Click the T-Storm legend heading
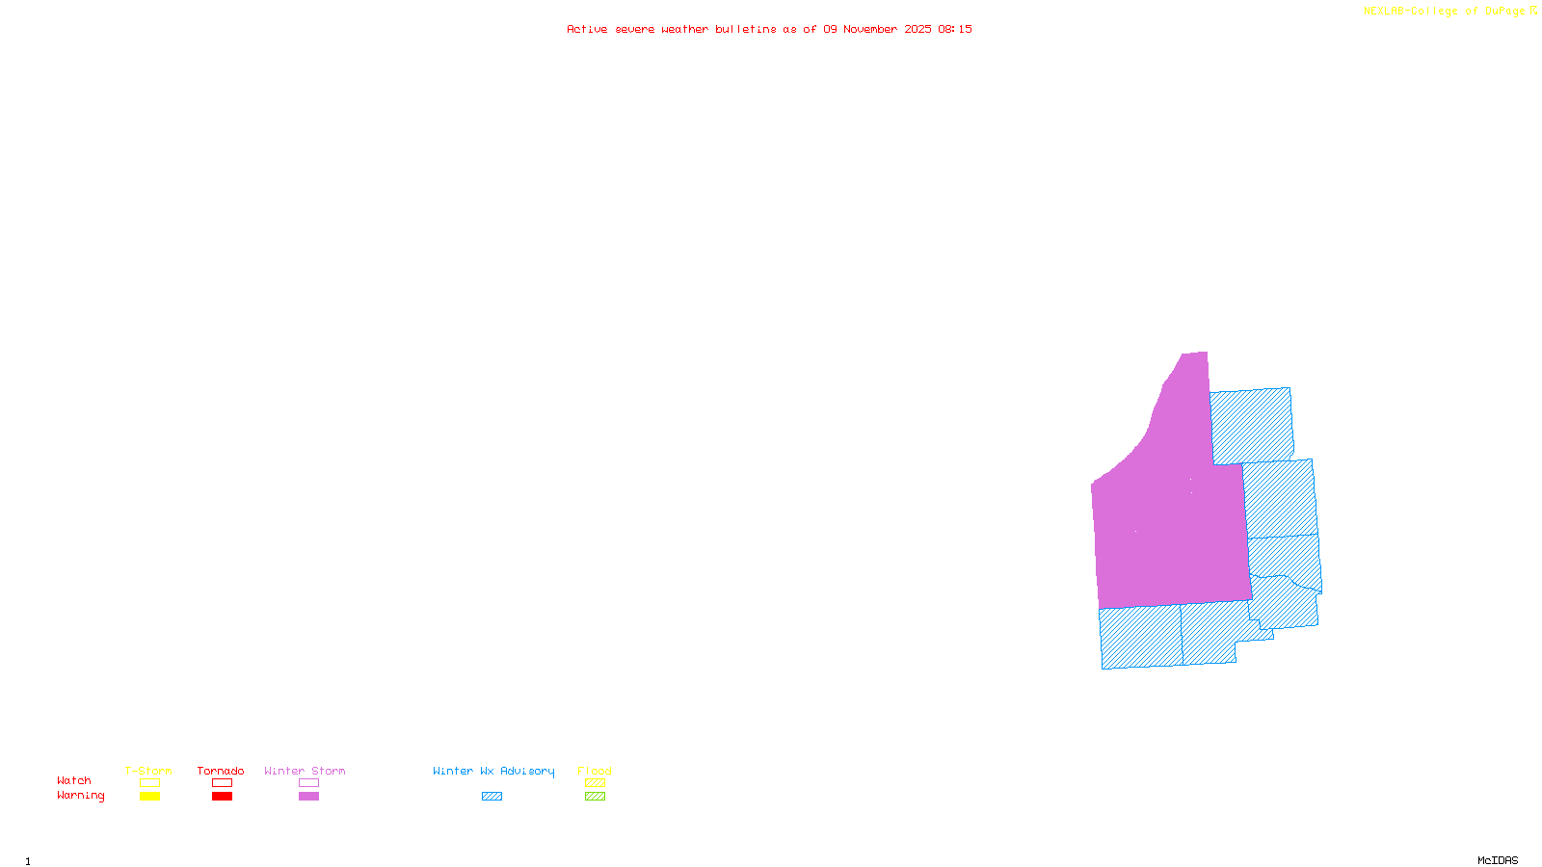pyautogui.click(x=148, y=771)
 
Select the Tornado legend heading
pyautogui.click(x=221, y=771)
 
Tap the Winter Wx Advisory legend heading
pyautogui.click(x=493, y=771)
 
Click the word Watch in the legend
pyautogui.click(x=74, y=780)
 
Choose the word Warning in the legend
pyautogui.click(x=80, y=796)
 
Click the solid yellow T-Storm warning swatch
pyautogui.click(x=149, y=797)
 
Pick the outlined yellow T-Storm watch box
pyautogui.click(x=149, y=783)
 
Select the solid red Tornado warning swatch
pyautogui.click(x=222, y=797)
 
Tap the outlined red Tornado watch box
pyautogui.click(x=222, y=783)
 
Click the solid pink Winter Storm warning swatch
pyautogui.click(x=308, y=797)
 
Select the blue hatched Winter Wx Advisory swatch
pyautogui.click(x=492, y=797)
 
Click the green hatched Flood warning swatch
pyautogui.click(x=595, y=797)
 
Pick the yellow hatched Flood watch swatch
pyautogui.click(x=595, y=783)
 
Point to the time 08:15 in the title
pyautogui.click(x=954, y=29)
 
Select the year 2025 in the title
pyautogui.click(x=917, y=29)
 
